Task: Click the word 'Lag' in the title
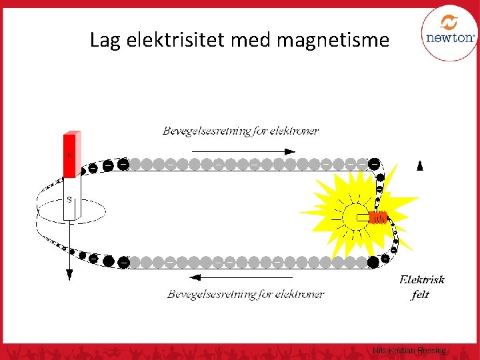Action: click(x=103, y=41)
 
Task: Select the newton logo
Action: click(x=449, y=33)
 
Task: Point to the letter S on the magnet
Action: click(x=69, y=199)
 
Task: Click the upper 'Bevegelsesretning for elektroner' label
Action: click(x=240, y=131)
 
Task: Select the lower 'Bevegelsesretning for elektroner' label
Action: click(x=245, y=293)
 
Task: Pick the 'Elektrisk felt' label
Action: click(x=421, y=287)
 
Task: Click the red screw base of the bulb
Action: click(x=378, y=217)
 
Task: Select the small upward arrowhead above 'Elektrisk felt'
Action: click(x=419, y=167)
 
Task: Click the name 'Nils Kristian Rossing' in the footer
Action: click(x=409, y=350)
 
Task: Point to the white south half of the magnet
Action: click(x=70, y=200)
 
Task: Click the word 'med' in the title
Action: click(x=252, y=41)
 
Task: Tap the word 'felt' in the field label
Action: click(x=420, y=294)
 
